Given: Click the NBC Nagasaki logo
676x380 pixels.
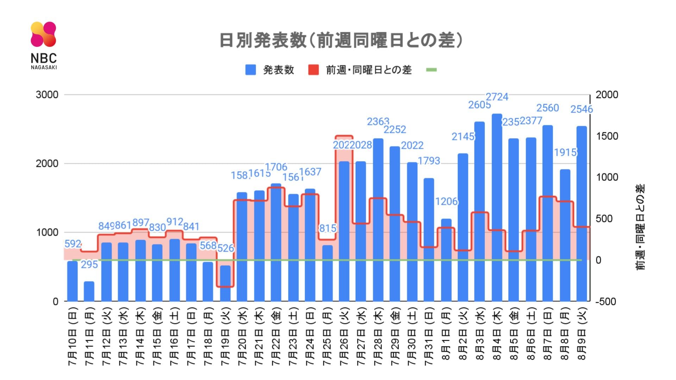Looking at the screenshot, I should click(x=43, y=45).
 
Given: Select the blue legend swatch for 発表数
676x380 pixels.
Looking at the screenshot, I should click(x=250, y=70).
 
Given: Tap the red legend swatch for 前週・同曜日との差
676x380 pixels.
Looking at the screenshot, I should click(x=313, y=70).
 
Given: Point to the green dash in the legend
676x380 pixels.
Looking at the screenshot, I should click(x=431, y=70).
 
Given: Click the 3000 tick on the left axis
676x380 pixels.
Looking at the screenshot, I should click(x=47, y=95).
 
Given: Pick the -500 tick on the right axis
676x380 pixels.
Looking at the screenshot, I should click(x=606, y=302).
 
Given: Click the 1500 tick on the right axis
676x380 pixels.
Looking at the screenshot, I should click(x=607, y=136).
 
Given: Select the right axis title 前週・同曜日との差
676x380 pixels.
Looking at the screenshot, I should click(x=640, y=227).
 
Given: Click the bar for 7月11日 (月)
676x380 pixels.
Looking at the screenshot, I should click(x=89, y=291).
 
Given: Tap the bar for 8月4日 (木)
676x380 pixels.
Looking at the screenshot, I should click(x=497, y=208).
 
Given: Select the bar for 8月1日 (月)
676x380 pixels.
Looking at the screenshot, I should click(x=446, y=260).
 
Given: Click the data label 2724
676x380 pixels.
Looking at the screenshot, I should click(x=497, y=97).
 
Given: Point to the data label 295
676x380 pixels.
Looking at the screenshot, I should click(x=89, y=264).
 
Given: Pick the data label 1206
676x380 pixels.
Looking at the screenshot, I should click(x=446, y=202).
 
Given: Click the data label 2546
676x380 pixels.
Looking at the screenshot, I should click(x=582, y=109).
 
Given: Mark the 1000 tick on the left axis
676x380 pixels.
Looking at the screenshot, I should click(x=47, y=233).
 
